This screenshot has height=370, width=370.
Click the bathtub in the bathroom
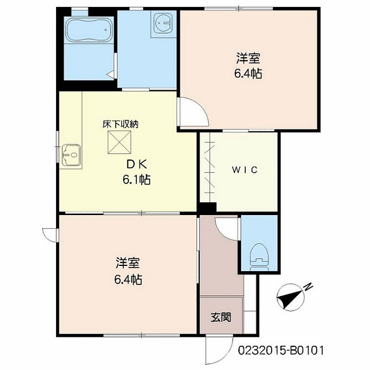click(89, 29)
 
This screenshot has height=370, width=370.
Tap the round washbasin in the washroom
click(163, 23)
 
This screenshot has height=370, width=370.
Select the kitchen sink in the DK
click(71, 155)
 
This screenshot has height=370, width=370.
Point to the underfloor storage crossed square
click(120, 142)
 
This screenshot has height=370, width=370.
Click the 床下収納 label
click(120, 124)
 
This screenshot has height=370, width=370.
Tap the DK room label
click(137, 164)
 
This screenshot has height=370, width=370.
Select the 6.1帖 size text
click(136, 180)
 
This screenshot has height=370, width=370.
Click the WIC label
click(245, 169)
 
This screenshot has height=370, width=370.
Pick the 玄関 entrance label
click(221, 317)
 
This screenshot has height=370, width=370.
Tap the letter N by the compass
click(308, 287)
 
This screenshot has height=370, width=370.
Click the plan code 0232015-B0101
click(280, 351)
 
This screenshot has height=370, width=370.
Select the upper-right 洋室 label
click(248, 58)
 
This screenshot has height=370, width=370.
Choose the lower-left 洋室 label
click(127, 263)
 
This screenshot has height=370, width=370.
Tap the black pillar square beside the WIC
click(208, 208)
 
